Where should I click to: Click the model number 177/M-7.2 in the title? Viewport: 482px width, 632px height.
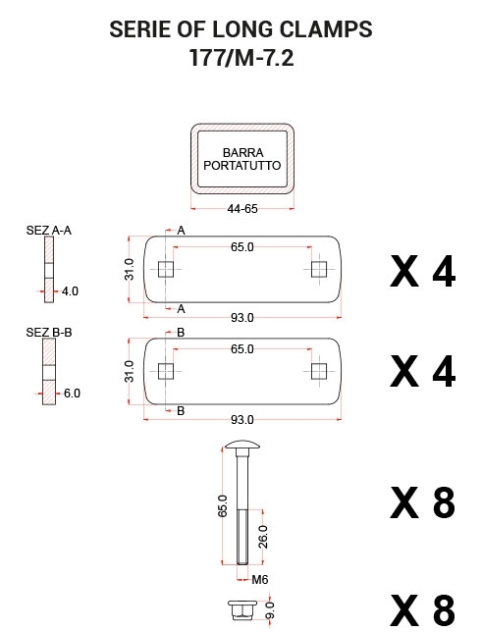click(x=241, y=58)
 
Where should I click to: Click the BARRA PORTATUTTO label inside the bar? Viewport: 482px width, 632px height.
click(x=242, y=159)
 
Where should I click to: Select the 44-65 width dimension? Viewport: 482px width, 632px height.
click(x=242, y=209)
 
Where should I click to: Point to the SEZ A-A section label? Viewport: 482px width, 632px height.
click(x=49, y=231)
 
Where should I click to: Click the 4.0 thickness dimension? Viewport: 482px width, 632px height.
click(x=70, y=291)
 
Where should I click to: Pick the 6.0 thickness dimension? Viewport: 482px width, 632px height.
click(x=72, y=393)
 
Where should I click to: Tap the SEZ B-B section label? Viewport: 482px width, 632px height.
click(x=49, y=332)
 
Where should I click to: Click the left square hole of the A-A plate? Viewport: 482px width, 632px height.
click(x=166, y=269)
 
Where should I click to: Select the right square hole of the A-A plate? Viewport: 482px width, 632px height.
click(x=319, y=269)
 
